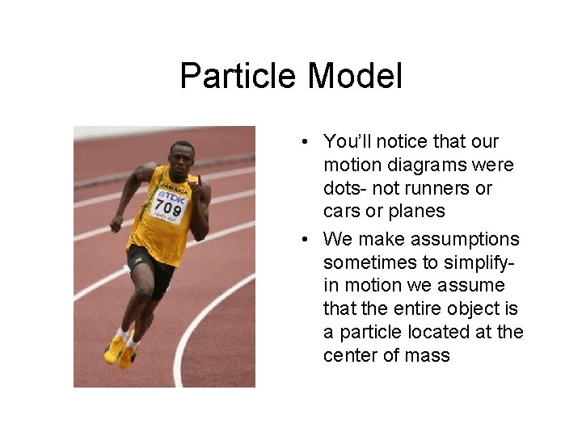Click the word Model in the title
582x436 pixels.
(x=355, y=76)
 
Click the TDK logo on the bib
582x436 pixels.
(x=172, y=197)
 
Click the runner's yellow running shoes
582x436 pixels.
(x=120, y=350)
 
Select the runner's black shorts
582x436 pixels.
(x=150, y=267)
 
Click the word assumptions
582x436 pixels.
(x=466, y=239)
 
